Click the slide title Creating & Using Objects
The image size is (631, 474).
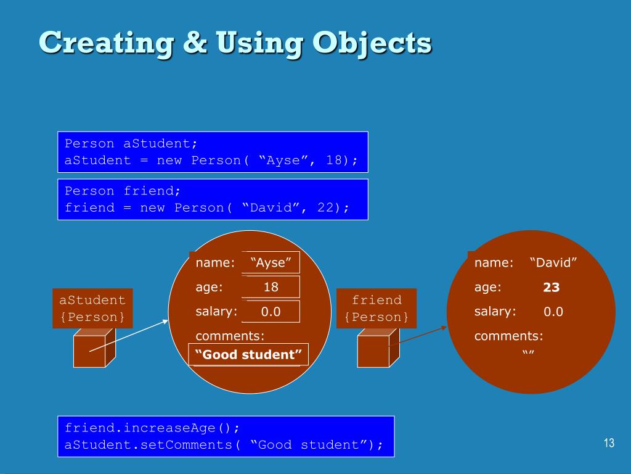235,43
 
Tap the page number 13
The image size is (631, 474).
609,443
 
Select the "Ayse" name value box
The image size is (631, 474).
271,263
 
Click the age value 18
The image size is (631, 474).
271,287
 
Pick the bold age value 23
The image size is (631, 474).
551,288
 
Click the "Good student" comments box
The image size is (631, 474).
248,355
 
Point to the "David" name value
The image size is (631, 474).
553,263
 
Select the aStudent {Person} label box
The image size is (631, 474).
92,309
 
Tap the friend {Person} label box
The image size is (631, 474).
377,309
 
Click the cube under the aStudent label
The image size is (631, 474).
94,347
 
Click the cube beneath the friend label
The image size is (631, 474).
378,347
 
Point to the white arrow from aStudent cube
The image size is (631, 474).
129,336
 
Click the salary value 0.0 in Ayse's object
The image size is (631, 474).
271,312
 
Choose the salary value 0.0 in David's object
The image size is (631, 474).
553,312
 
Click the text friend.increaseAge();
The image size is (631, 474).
152,428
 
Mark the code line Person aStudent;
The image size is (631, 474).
131,144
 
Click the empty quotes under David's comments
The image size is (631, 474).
527,353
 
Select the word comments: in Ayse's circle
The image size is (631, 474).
229,336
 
